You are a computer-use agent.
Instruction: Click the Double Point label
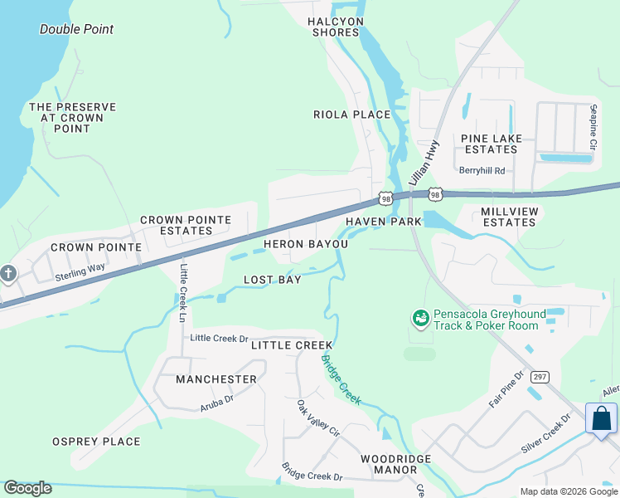point(76,29)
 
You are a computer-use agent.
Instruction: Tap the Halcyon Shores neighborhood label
point(335,27)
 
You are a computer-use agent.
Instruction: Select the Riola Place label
point(351,115)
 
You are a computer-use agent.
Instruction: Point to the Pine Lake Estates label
point(489,144)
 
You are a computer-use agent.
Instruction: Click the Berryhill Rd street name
point(482,170)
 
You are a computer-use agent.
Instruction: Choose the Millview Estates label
point(509,217)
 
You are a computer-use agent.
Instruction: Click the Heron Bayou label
point(306,244)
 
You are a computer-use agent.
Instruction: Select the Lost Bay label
point(272,280)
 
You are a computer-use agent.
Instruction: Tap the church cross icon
point(8,273)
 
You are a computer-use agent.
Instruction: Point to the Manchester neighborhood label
point(216,378)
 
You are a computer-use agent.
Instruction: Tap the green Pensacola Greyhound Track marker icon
point(420,318)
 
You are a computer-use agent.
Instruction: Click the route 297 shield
point(540,376)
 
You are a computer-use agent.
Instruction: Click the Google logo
point(27,488)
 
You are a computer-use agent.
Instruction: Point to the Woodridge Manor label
point(389,464)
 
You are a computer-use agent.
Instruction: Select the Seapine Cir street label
point(593,127)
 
